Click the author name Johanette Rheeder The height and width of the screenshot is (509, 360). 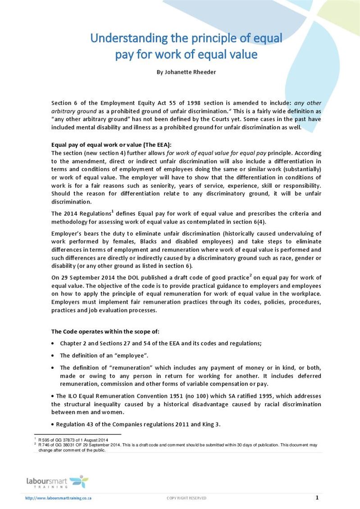tap(186, 72)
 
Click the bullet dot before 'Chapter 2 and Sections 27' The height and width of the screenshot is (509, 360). tap(54, 344)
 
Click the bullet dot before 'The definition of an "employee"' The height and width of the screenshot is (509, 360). tap(54, 356)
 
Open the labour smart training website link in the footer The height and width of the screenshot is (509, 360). tap(59, 498)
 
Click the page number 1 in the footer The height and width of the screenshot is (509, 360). tap(317, 498)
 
